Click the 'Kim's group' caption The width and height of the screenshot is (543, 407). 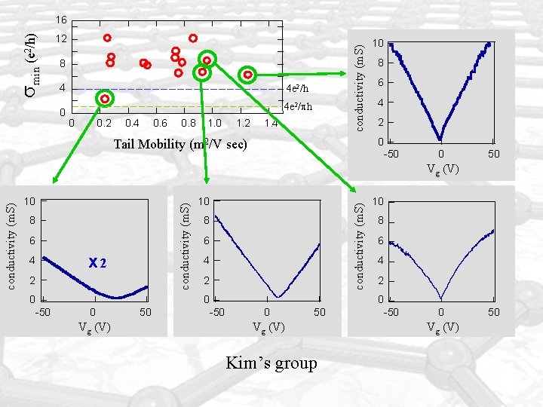tap(271, 363)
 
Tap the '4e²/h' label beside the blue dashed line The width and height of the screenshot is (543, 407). tap(297, 90)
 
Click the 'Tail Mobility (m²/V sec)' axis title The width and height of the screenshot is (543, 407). tap(180, 143)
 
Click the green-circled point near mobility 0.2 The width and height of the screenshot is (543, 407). tap(105, 99)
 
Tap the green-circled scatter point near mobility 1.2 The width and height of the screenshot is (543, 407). tap(247, 74)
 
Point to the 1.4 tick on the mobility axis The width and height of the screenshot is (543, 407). tap(271, 123)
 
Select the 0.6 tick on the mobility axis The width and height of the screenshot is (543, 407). tap(160, 123)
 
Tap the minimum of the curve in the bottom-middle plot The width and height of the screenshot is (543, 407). tap(278, 296)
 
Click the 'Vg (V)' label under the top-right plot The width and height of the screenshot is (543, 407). tap(441, 169)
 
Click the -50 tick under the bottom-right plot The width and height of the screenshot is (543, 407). tap(391, 311)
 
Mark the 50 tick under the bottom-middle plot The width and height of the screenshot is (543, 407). tap(320, 311)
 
